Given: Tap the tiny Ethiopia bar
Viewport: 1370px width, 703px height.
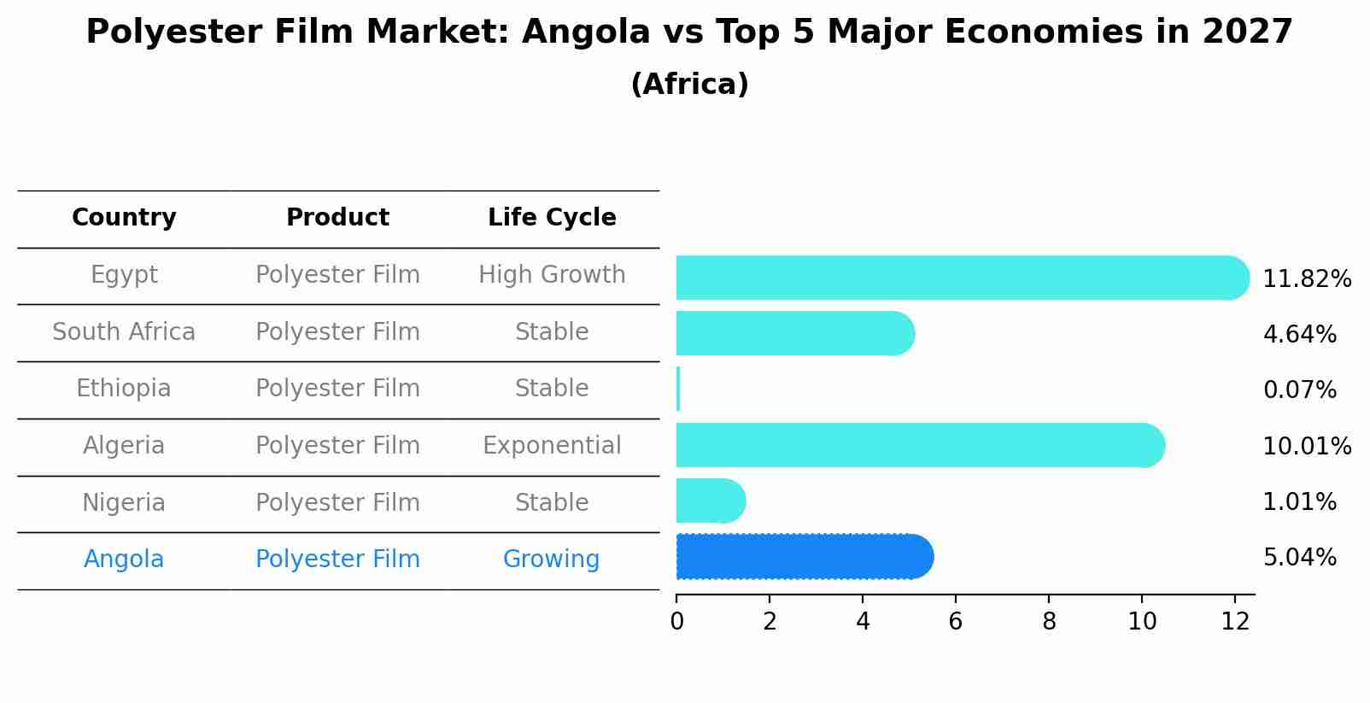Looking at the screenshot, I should pos(678,389).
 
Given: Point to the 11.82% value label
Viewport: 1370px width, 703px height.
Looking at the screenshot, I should pos(1307,279).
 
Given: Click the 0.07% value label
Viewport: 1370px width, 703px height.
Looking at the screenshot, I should pos(1299,390).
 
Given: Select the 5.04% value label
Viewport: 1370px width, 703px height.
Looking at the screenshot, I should pos(1299,558).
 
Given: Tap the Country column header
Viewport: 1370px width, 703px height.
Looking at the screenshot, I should pos(124,218).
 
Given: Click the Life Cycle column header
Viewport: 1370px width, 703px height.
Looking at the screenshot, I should pos(552,218).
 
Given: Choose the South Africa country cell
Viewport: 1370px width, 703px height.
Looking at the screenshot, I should pos(124,332).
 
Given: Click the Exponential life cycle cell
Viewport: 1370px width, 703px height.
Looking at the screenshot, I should pos(552,446).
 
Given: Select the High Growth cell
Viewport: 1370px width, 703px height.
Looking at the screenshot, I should pos(552,275).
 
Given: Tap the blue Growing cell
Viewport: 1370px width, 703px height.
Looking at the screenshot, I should pos(551,559).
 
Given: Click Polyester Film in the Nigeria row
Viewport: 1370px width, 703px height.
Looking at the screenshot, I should pos(337,503).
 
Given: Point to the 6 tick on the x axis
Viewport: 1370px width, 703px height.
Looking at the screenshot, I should pos(956,621).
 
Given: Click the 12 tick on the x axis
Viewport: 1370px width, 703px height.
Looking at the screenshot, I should pos(1235,621).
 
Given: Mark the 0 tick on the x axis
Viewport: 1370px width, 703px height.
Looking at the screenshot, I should pos(677,621).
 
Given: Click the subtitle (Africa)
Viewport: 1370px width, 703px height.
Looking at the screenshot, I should pos(689,85).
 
